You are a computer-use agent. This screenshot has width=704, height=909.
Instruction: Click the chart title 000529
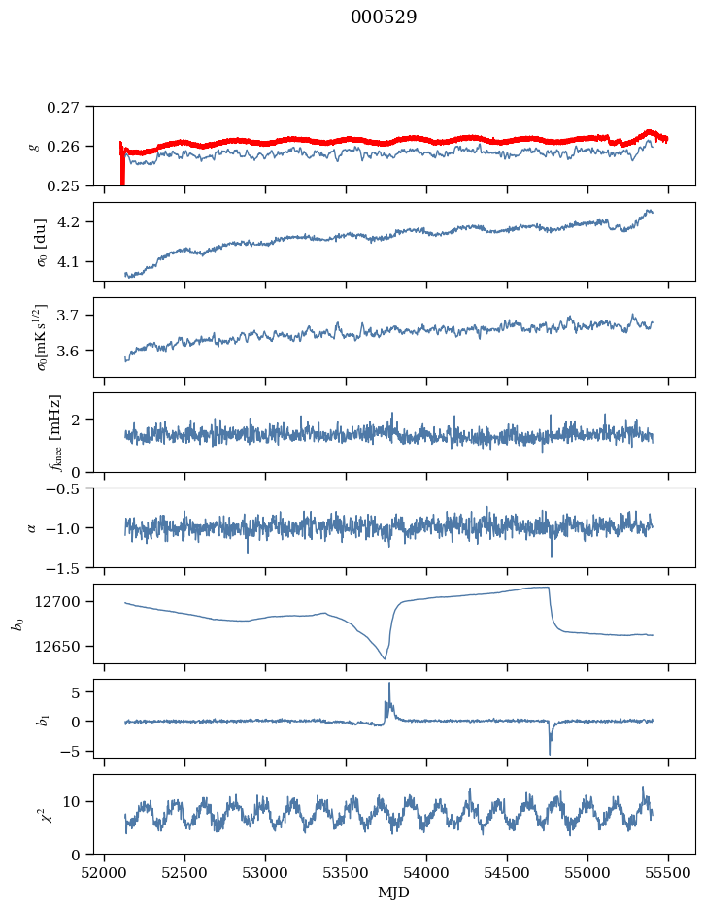[x=384, y=17]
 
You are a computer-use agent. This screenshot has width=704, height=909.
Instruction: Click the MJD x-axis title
[x=393, y=892]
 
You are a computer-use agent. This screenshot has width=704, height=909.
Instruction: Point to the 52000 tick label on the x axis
[x=104, y=873]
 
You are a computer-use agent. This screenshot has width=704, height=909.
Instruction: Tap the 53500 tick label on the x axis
[x=346, y=873]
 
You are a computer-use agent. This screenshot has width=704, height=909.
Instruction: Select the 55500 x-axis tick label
[x=668, y=873]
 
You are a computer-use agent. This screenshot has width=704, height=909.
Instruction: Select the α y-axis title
[x=32, y=527]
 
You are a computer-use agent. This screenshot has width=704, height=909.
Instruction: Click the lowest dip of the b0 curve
[x=385, y=658]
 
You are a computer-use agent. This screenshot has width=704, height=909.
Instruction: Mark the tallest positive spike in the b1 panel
[x=389, y=684]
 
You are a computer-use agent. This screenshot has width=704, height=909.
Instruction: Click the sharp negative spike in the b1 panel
[x=550, y=754]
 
